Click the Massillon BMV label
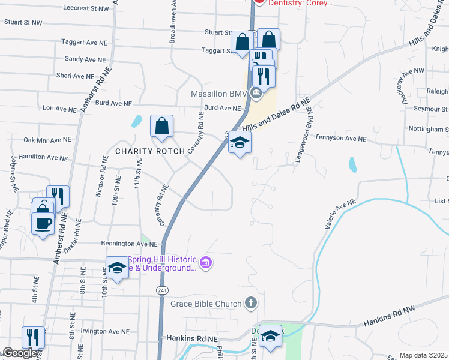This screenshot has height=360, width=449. pyautogui.click(x=218, y=94)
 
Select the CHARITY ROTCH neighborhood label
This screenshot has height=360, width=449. pyautogui.click(x=150, y=151)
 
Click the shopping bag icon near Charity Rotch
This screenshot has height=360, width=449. pyautogui.click(x=162, y=127)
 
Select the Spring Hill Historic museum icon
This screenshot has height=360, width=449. pyautogui.click(x=206, y=262)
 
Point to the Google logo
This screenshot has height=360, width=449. pyautogui.click(x=20, y=353)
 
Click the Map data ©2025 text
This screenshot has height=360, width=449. pyautogui.click(x=423, y=355)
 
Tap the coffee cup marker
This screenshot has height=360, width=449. pyautogui.click(x=42, y=224)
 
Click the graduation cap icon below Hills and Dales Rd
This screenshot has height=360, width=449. pyautogui.click(x=240, y=143)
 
